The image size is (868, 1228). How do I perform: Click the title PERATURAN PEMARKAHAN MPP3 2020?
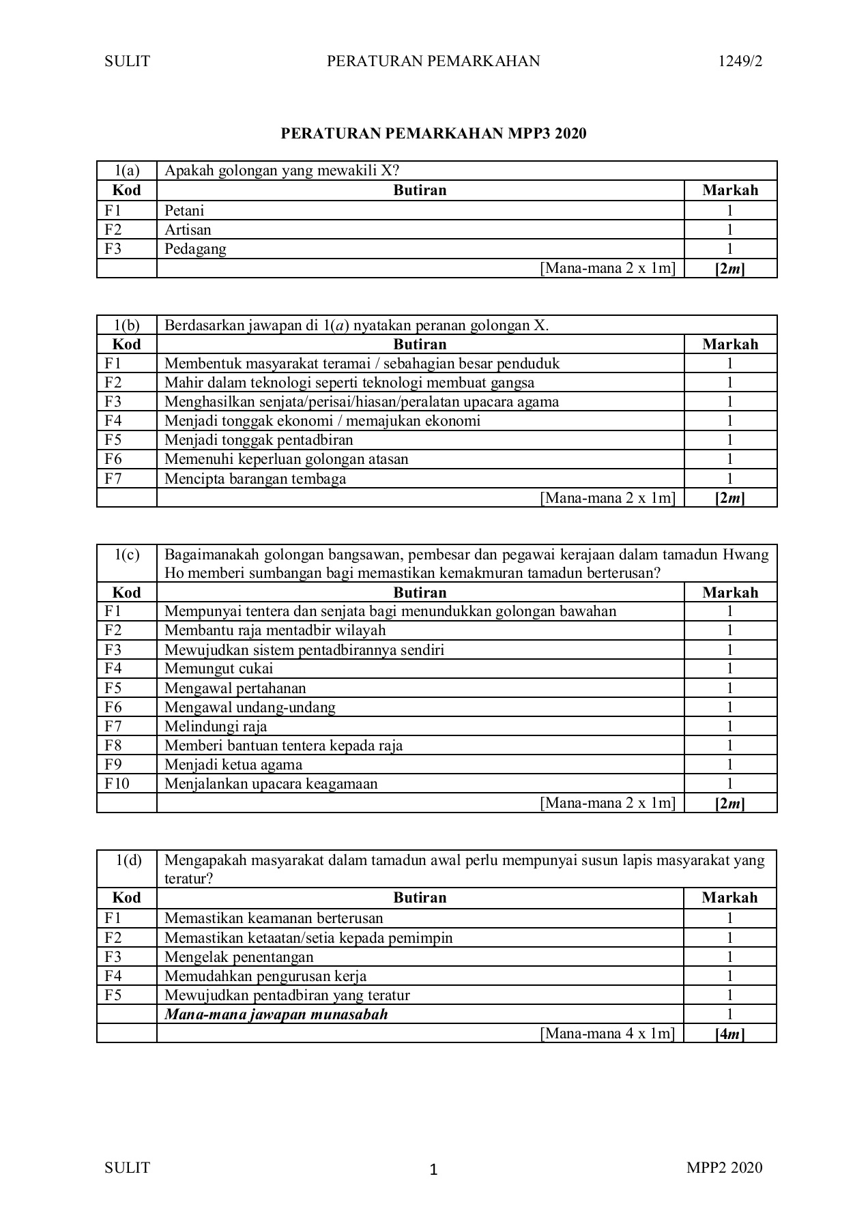point(433,134)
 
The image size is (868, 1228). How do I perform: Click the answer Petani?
point(184,211)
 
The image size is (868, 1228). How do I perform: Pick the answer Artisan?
point(188,230)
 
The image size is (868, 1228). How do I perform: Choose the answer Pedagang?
point(195,249)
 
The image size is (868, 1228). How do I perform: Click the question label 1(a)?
point(127,171)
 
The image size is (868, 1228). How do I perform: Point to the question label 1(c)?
point(127,555)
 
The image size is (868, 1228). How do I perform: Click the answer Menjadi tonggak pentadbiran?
point(259,440)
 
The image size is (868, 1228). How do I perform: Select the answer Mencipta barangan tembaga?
point(255,479)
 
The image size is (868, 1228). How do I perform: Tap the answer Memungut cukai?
point(218,669)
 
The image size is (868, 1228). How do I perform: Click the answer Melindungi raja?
point(216,727)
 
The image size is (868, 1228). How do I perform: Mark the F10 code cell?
point(117,784)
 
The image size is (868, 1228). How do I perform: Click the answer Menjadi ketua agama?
point(233,765)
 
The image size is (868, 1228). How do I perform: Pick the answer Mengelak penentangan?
point(239,957)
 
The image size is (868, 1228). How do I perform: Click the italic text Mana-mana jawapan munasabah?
point(276,1014)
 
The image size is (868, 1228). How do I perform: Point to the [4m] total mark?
point(729,1034)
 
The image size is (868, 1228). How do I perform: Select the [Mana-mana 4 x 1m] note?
point(607,1034)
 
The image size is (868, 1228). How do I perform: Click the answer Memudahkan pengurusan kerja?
point(265,976)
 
